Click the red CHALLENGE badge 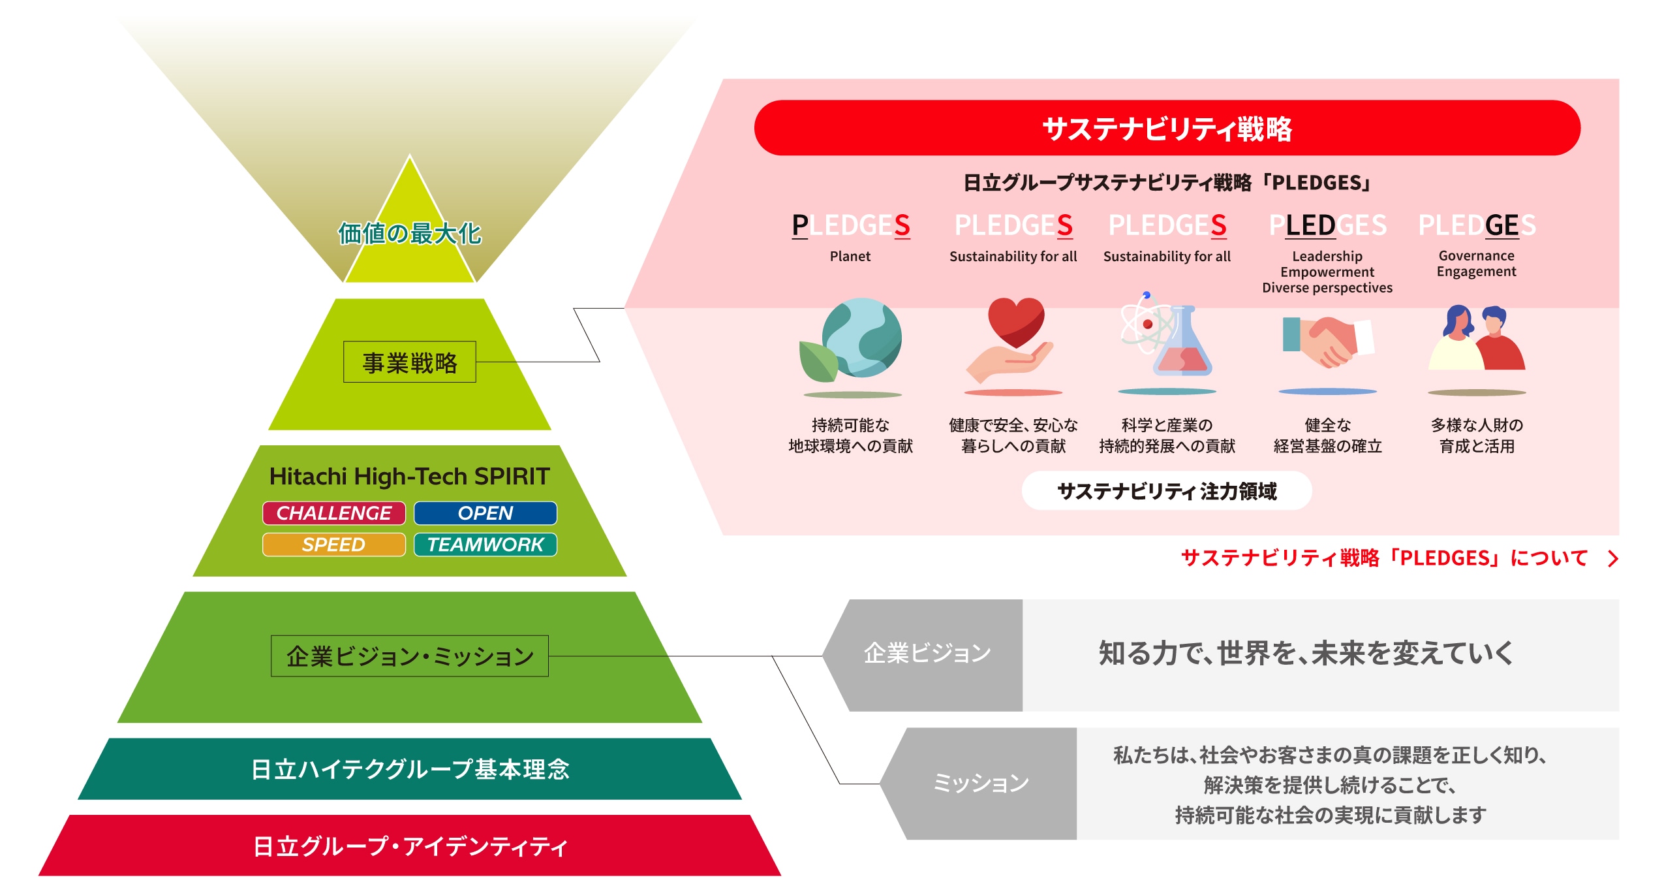(x=333, y=513)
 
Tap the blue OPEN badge (x=485, y=513)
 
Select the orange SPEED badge (x=333, y=545)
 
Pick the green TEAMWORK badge (x=485, y=545)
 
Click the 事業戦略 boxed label (x=409, y=362)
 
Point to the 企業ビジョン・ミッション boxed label (x=409, y=656)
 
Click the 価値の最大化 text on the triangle (x=409, y=234)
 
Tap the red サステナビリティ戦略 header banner (x=1167, y=128)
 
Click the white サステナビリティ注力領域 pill (x=1167, y=491)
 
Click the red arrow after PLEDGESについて (x=1613, y=559)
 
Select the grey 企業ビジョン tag (x=927, y=654)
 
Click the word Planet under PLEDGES (x=850, y=257)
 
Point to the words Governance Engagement (x=1476, y=264)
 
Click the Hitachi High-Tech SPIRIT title (x=409, y=477)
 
